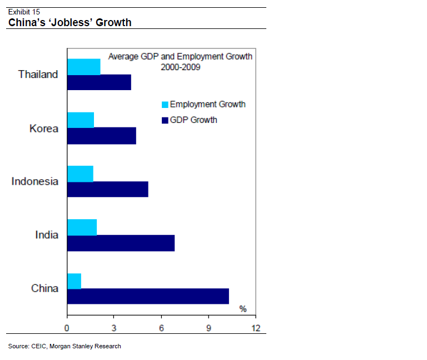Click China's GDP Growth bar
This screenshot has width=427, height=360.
(148, 296)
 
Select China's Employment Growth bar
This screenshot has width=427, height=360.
(74, 281)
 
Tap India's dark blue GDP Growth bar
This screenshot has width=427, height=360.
(121, 243)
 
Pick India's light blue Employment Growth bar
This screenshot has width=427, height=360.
(82, 227)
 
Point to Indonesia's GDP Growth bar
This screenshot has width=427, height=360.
(107, 189)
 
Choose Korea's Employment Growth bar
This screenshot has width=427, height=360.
(81, 120)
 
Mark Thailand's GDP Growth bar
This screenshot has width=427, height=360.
(99, 82)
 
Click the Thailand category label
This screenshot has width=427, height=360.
(38, 74)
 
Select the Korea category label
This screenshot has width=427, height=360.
(43, 129)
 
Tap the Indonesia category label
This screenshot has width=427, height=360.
(34, 181)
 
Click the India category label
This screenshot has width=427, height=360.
(46, 235)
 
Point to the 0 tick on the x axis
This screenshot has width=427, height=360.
(67, 327)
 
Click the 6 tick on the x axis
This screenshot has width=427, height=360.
(161, 327)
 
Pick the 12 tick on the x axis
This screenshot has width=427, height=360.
(255, 327)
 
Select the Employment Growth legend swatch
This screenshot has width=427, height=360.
(165, 105)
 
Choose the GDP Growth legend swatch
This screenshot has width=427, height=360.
(165, 120)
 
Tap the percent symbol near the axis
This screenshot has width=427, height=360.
(243, 309)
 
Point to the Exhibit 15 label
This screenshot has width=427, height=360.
(24, 11)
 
